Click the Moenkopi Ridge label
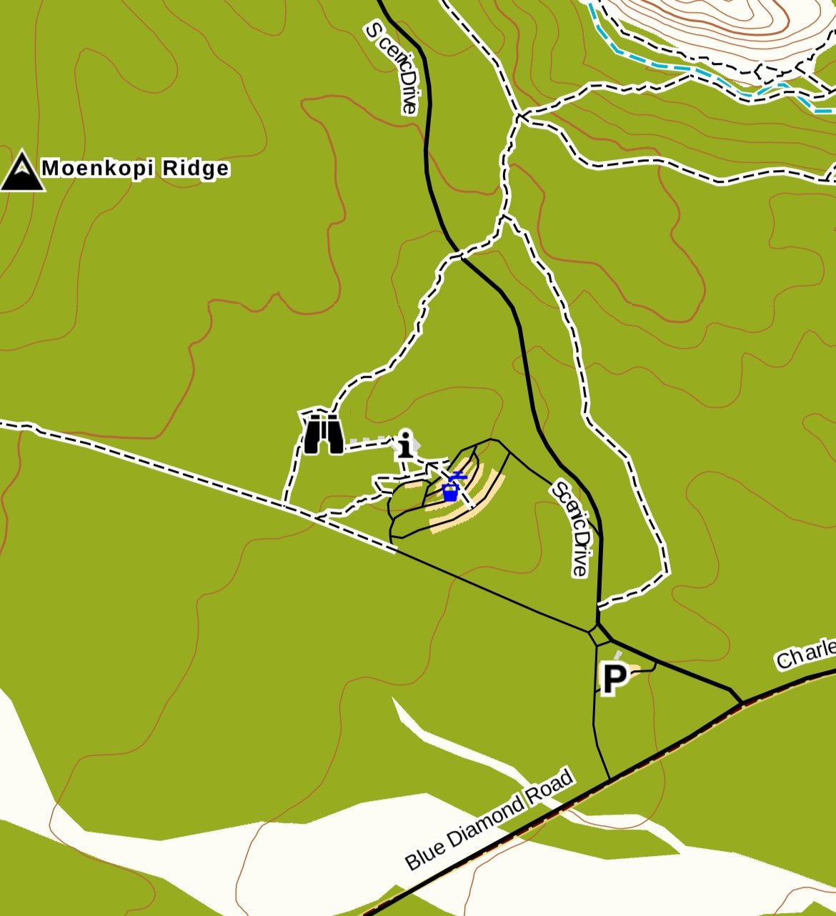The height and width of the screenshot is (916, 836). [136, 169]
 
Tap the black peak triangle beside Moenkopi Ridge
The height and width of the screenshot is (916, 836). [22, 172]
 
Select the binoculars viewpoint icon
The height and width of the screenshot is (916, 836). [324, 434]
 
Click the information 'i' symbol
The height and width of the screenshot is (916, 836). [406, 444]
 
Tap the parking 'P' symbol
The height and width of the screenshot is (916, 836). [614, 678]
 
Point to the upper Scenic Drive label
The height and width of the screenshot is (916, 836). [391, 68]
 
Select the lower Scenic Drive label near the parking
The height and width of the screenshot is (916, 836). [572, 529]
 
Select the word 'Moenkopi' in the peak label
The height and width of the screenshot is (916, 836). [98, 169]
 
